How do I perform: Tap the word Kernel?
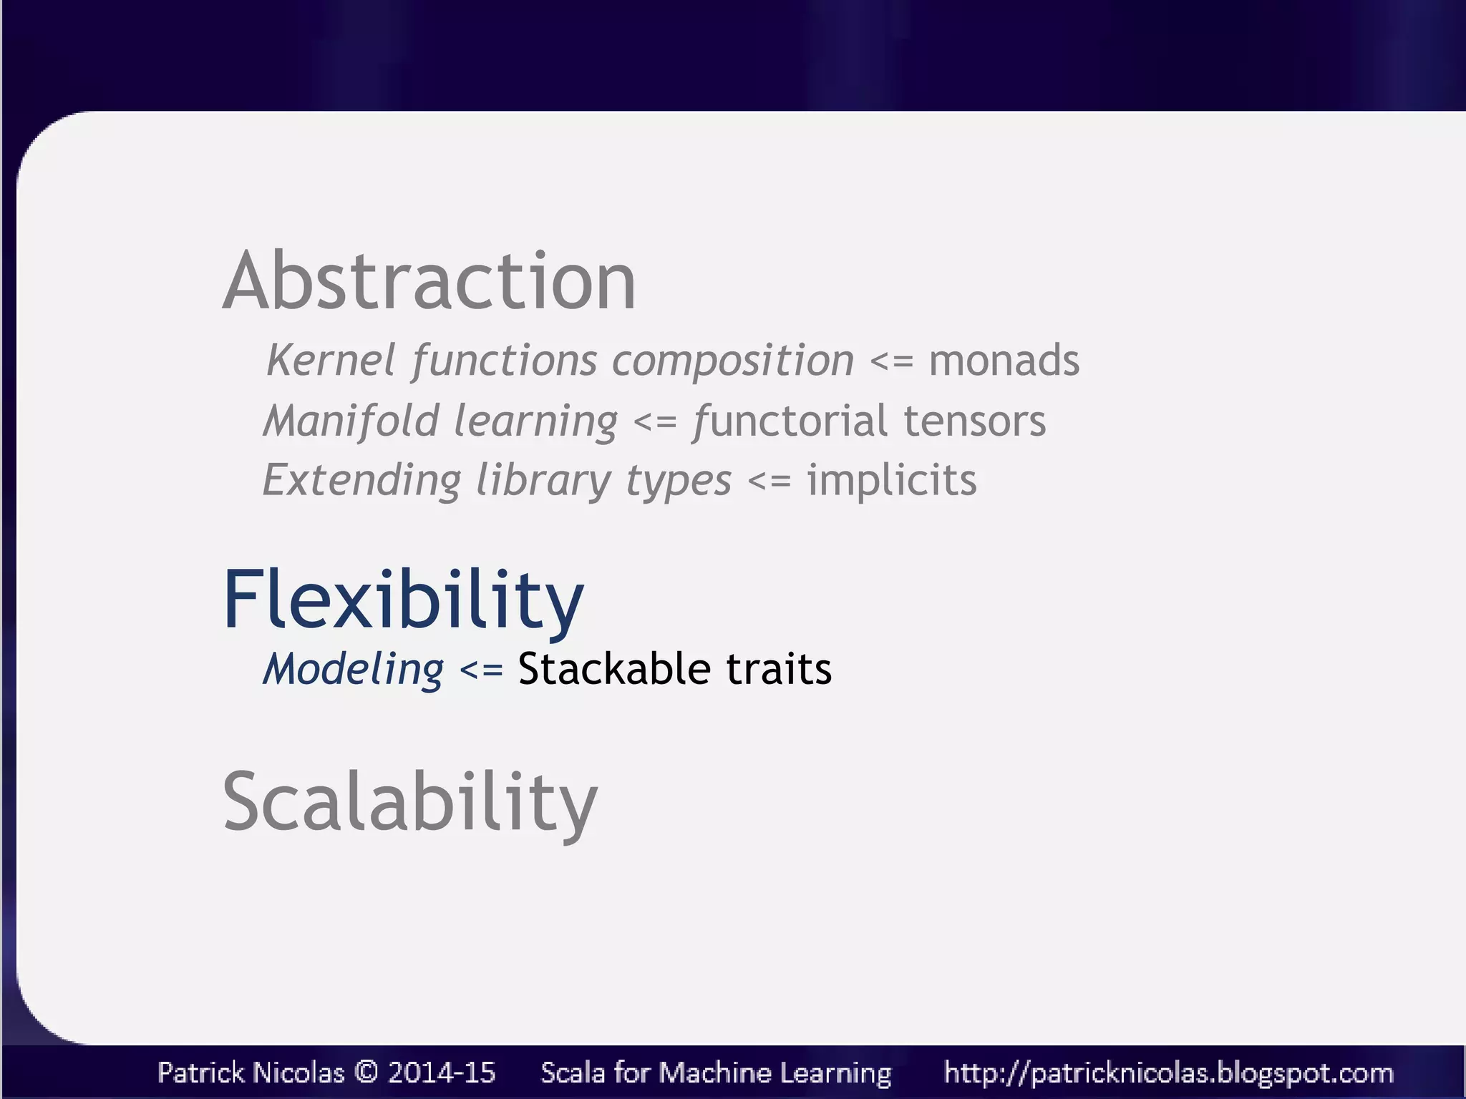pos(330,360)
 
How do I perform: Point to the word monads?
pos(1004,360)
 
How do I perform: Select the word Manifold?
pos(351,421)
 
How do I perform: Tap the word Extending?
pos(361,480)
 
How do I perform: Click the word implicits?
pos(891,480)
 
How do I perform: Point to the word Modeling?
pos(354,670)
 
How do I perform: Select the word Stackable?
pos(614,670)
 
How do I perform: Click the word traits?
pos(779,670)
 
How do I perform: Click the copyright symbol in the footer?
pos(366,1072)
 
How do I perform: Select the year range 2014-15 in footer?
pos(442,1072)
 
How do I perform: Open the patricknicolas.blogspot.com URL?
pos(1168,1073)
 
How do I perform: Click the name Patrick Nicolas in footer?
pos(251,1072)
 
